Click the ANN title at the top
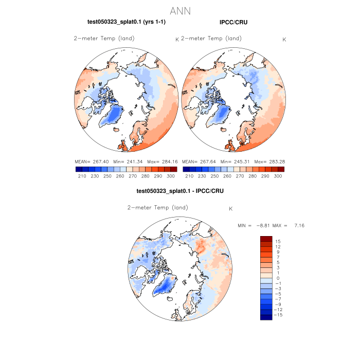coord(179,11)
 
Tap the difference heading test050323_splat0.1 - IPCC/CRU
coord(179,191)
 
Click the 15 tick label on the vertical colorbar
coord(277,241)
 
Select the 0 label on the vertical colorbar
coord(278,278)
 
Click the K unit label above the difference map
coord(231,209)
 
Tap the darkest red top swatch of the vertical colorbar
coord(265,239)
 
